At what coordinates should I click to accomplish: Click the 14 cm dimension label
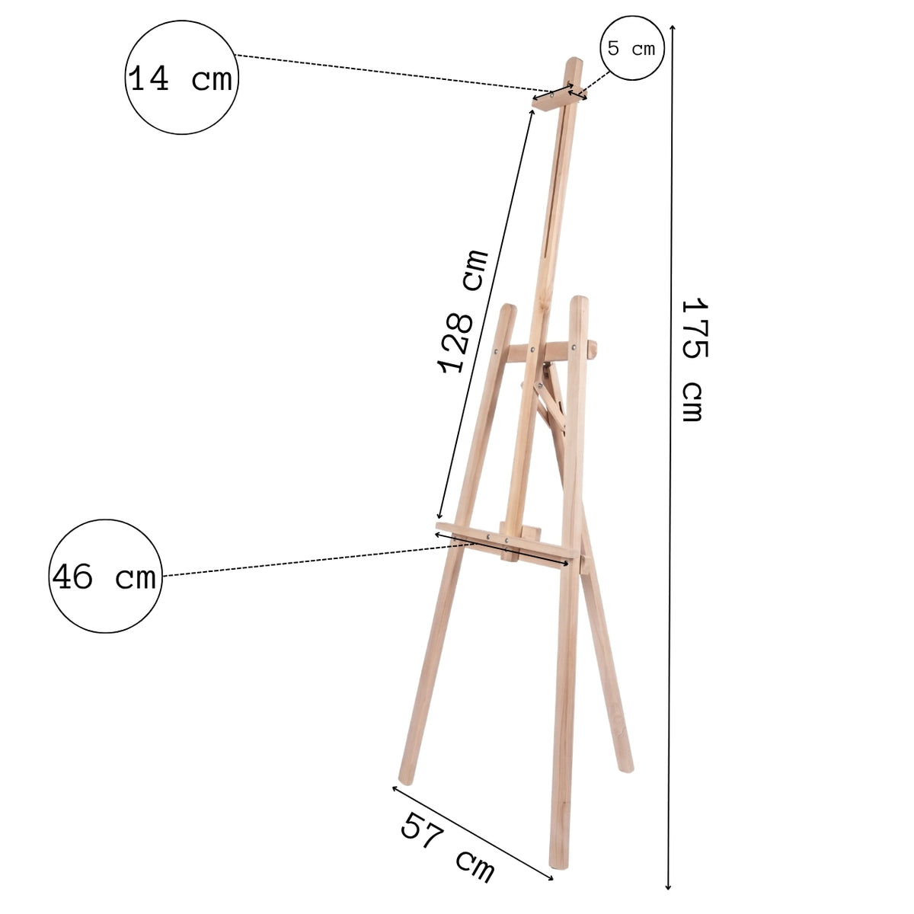pyautogui.click(x=181, y=78)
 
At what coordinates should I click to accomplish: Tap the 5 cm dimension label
pyautogui.click(x=631, y=49)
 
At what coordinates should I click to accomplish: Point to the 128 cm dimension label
pyautogui.click(x=462, y=311)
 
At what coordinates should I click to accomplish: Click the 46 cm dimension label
pyautogui.click(x=104, y=577)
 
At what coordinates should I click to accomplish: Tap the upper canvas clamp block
pyautogui.click(x=556, y=99)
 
